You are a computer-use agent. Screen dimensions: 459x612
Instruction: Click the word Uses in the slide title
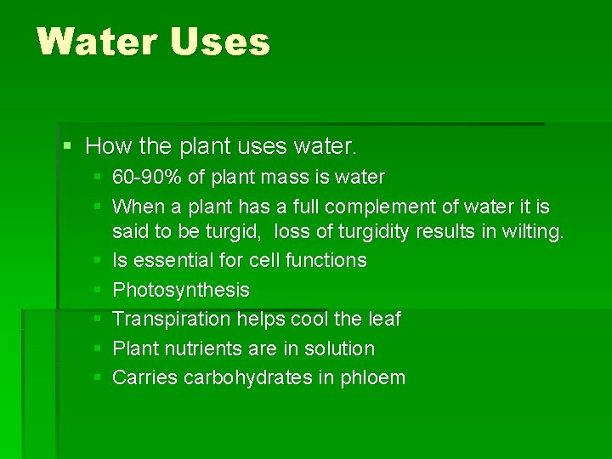coord(220,41)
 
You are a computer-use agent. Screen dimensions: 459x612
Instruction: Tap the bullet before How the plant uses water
coord(68,146)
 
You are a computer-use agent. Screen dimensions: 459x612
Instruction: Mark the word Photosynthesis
coord(181,290)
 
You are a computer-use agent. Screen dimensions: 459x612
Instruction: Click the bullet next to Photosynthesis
coord(99,290)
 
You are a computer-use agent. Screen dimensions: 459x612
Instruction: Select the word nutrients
coord(206,348)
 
